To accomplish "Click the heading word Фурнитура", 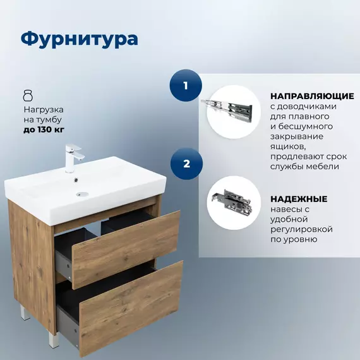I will [79, 39].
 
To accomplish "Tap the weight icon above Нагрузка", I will [27, 96].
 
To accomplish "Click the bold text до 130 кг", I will [44, 129].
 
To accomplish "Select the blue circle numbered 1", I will [185, 85].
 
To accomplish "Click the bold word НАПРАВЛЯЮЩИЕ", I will [311, 96].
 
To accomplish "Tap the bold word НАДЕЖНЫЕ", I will [299, 198].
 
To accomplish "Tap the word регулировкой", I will [301, 229].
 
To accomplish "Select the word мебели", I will [325, 167].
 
